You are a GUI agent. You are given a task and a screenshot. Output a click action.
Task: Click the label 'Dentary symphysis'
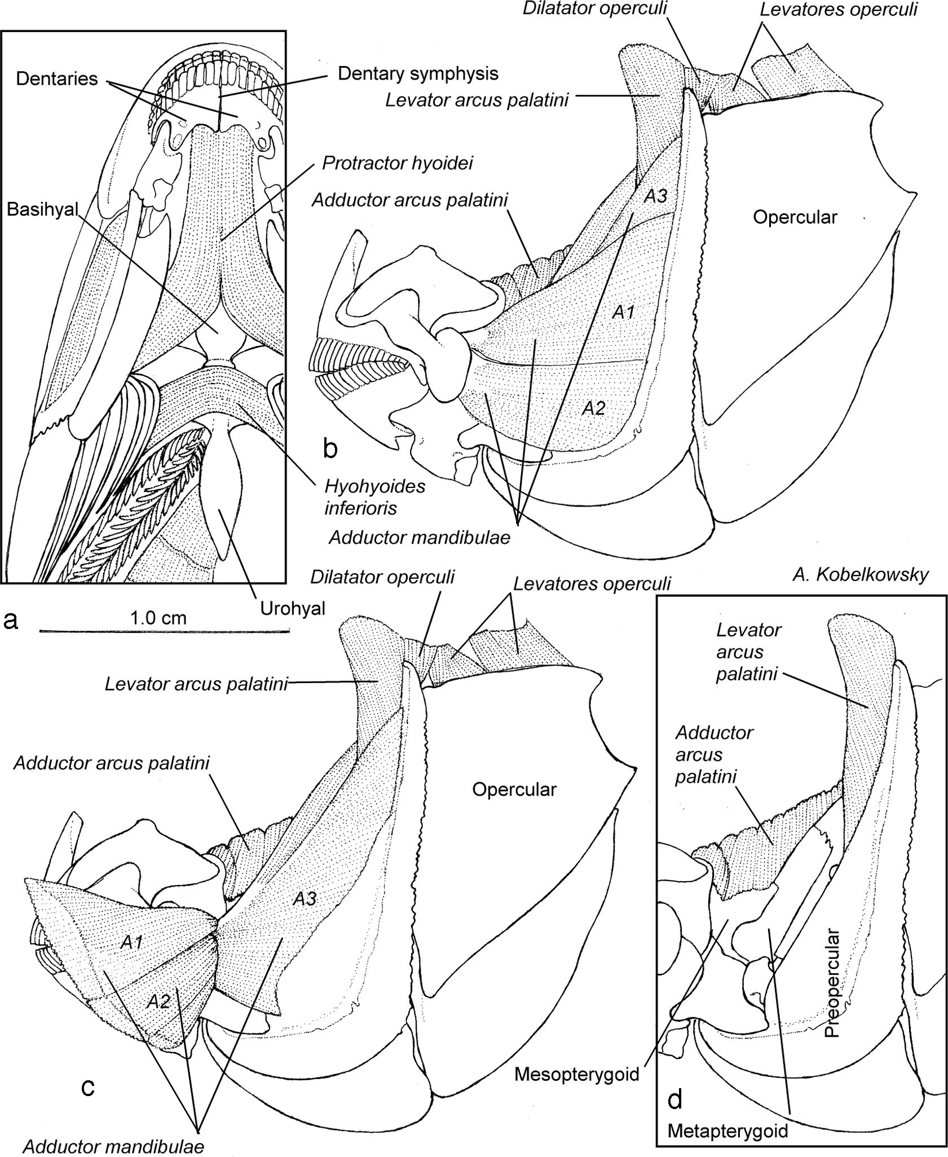418,73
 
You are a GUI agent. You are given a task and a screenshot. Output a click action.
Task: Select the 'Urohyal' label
293,608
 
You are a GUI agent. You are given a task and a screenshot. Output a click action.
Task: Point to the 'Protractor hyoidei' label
398,163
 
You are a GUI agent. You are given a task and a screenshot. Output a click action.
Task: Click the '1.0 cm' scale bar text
158,618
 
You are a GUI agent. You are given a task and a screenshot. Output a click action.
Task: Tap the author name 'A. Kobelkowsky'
860,575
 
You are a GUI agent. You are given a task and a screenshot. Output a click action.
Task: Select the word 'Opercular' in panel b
795,217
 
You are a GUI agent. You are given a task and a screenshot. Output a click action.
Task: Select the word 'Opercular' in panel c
514,789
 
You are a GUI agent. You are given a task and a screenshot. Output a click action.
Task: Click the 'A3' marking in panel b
655,196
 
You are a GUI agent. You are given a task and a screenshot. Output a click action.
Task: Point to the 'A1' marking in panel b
624,312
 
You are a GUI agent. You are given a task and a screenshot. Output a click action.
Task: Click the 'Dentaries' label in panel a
56,78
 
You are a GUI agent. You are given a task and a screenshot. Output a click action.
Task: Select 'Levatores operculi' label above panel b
838,10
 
